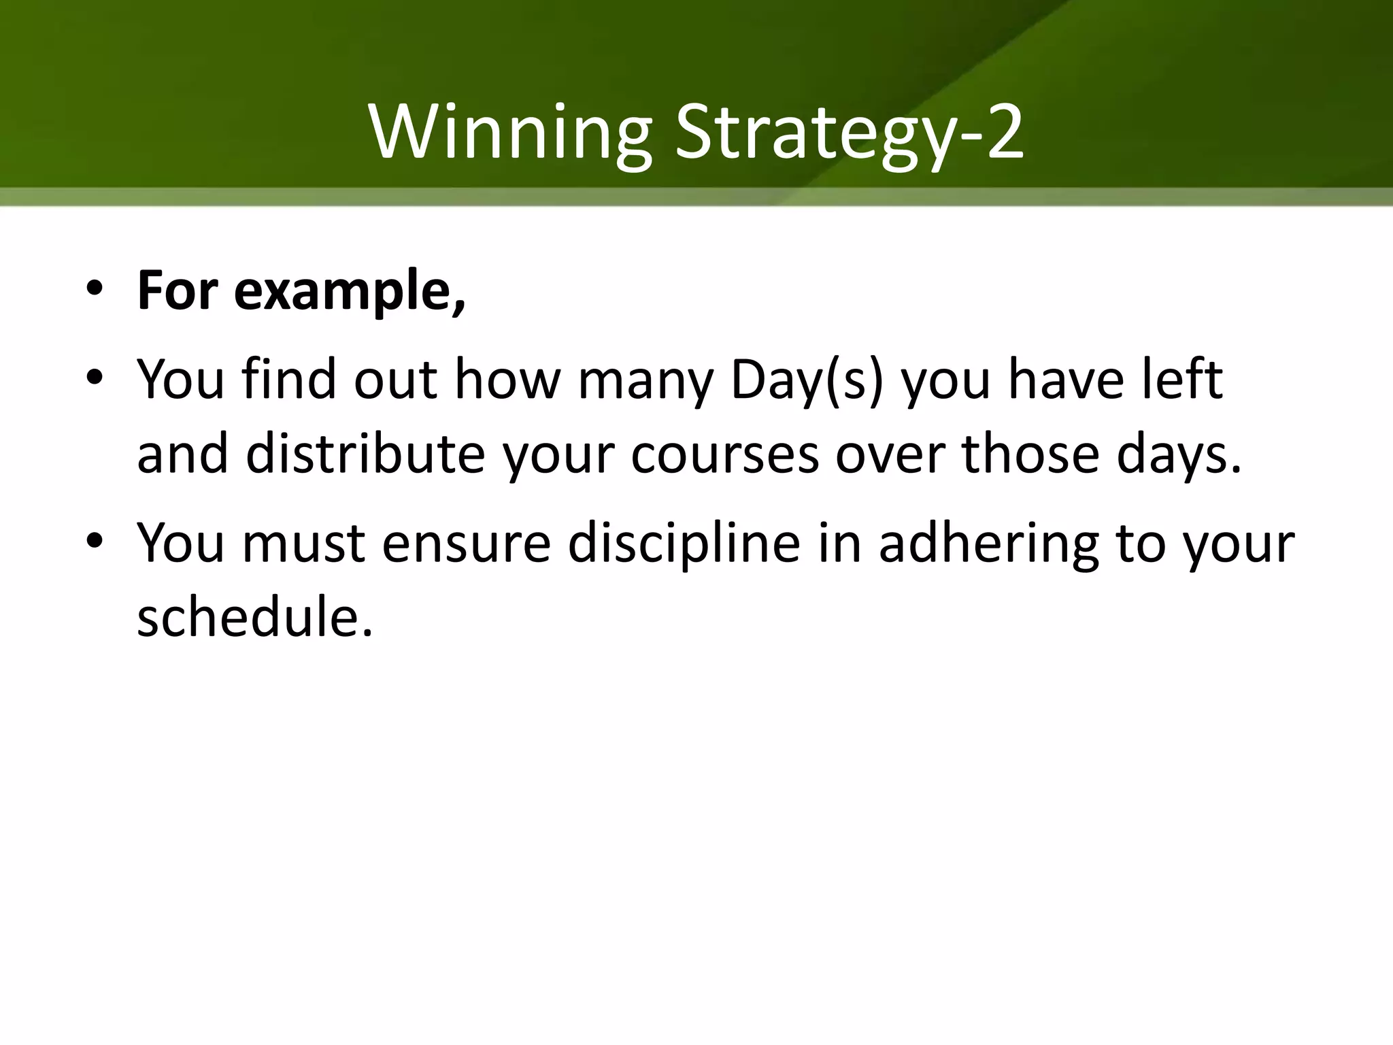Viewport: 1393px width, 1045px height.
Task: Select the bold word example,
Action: tap(350, 291)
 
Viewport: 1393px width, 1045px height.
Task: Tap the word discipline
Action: tap(684, 544)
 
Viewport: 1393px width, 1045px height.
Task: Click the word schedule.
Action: tap(255, 618)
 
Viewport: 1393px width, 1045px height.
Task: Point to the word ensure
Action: tap(466, 544)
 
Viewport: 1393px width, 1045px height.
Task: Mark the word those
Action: tap(1030, 454)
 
